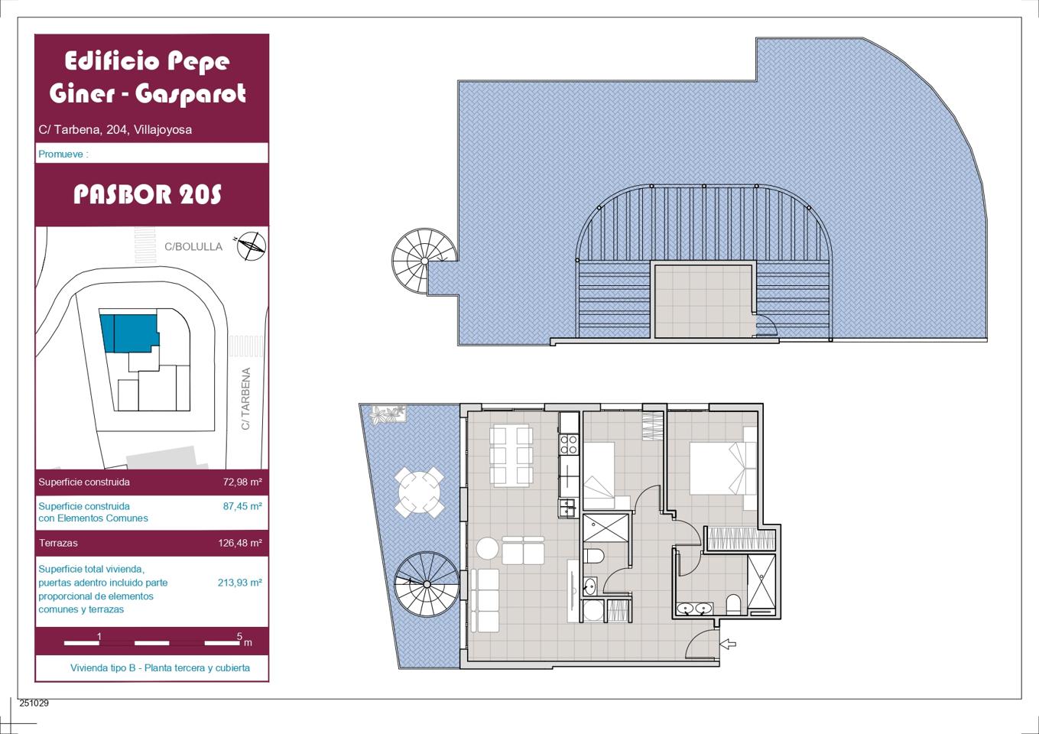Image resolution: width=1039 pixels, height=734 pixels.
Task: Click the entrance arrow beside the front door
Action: [x=728, y=644]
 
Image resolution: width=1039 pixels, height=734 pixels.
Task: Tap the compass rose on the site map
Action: [x=252, y=246]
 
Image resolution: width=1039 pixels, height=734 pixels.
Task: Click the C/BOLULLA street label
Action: [x=193, y=246]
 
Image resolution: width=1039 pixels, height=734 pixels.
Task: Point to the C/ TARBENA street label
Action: [x=245, y=398]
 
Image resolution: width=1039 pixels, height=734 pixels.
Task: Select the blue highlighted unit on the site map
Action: [x=130, y=333]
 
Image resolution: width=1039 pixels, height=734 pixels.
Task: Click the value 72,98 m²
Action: [x=242, y=482]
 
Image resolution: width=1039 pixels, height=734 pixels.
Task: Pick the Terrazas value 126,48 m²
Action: [x=240, y=542]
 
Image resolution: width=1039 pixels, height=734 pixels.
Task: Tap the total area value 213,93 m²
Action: [x=240, y=583]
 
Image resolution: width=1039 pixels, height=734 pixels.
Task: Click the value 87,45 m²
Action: [x=242, y=505]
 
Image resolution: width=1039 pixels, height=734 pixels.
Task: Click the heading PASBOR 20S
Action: [x=148, y=194]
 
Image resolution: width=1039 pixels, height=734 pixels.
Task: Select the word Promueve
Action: [x=60, y=154]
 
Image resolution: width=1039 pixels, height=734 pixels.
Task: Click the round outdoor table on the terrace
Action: [x=419, y=492]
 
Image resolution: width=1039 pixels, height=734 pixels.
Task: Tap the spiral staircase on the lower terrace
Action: [x=427, y=584]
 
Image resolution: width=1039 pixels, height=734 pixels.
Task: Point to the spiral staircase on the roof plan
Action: [x=424, y=261]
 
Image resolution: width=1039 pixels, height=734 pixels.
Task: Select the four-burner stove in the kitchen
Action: [x=569, y=443]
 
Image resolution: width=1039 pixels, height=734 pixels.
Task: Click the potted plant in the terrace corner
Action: [x=388, y=414]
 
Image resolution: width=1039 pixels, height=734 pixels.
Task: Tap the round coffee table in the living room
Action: [x=488, y=548]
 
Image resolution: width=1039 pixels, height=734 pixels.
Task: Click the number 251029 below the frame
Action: [x=34, y=703]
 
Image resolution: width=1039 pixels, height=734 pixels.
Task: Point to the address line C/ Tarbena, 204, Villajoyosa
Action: [x=115, y=129]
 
